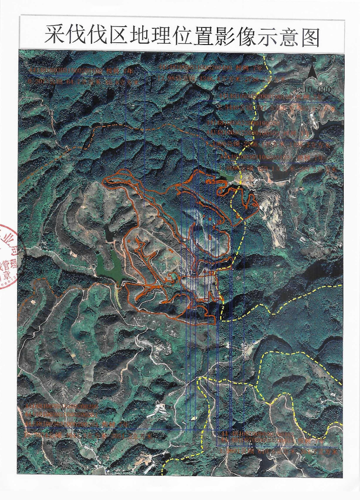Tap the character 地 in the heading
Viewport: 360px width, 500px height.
click(139, 36)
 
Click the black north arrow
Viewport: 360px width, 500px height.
click(312, 72)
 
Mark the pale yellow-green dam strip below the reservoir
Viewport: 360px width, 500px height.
click(117, 295)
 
